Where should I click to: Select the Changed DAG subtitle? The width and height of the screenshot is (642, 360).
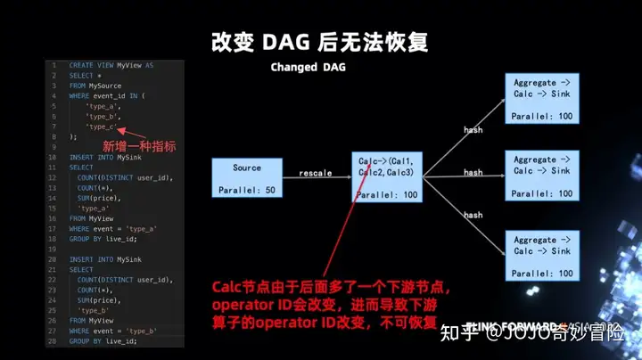(308, 68)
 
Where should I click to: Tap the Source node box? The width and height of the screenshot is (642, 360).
(247, 177)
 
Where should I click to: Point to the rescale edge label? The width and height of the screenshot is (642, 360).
(317, 171)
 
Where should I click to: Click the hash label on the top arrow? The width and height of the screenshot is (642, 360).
(473, 130)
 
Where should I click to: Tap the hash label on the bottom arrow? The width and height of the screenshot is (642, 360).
(473, 215)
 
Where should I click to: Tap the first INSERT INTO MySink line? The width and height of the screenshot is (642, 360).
(100, 157)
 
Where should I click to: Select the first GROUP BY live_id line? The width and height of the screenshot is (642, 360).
(103, 238)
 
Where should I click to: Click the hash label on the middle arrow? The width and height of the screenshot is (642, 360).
(473, 172)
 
